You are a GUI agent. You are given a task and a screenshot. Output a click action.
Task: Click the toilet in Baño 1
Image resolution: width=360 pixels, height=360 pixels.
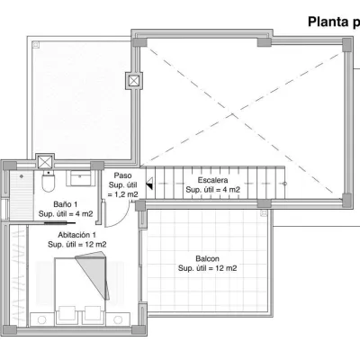(49, 181)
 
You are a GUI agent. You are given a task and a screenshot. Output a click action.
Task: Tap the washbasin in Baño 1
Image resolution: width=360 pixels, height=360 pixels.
(80, 178)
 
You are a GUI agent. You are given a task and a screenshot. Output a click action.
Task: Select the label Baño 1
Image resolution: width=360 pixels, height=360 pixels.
(66, 204)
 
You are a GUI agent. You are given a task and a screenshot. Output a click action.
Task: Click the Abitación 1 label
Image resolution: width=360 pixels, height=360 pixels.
(77, 235)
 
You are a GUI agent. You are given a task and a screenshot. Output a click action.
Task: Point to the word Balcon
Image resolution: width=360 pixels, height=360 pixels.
(207, 258)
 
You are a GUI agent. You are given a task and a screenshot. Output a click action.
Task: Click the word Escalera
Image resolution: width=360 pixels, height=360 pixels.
(212, 180)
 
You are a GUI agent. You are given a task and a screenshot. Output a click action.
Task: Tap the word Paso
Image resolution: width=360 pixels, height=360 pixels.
(122, 175)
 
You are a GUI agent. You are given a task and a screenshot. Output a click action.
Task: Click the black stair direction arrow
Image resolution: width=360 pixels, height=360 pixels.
(149, 186)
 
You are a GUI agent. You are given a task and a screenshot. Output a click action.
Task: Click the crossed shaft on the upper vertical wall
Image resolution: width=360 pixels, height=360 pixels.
(134, 80)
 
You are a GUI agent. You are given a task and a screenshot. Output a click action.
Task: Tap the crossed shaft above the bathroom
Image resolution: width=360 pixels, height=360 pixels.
(45, 162)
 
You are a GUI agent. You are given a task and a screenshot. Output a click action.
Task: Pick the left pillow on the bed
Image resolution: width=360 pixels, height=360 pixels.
(67, 313)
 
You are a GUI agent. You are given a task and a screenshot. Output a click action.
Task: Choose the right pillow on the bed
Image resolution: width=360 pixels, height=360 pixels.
(93, 313)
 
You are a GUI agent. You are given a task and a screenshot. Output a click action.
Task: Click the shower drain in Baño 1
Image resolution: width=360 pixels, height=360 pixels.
(22, 176)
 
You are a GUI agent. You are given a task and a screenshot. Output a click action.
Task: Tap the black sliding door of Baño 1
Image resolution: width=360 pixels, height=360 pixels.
(60, 222)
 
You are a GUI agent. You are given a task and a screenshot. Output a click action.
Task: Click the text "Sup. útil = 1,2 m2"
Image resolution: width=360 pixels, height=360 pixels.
(123, 190)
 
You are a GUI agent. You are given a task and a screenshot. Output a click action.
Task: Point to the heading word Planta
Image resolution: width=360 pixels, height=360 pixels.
(328, 22)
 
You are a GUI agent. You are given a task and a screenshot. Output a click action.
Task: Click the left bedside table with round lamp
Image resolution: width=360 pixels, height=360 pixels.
(42, 319)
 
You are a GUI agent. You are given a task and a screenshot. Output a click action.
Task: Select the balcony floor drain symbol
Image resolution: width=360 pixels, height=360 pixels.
(264, 213)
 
